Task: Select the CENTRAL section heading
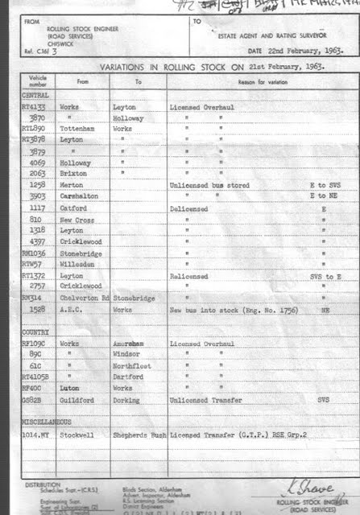35,95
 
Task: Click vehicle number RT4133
35,106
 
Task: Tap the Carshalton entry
80,196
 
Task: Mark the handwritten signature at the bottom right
300,488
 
